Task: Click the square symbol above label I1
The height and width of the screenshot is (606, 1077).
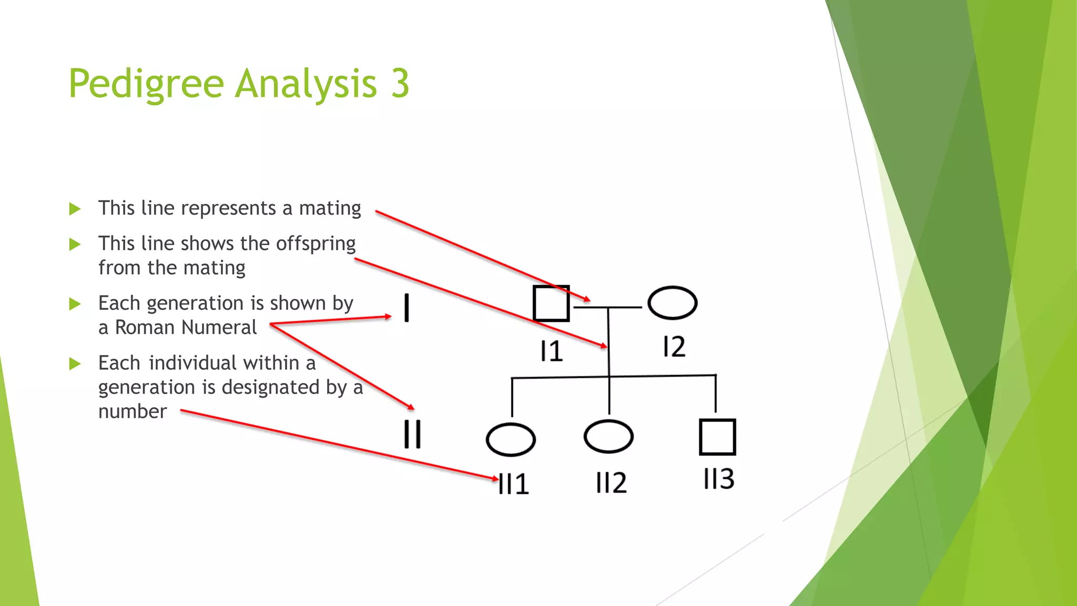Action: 551,303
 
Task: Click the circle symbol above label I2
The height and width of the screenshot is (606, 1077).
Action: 673,303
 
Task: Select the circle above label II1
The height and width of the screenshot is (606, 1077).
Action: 511,439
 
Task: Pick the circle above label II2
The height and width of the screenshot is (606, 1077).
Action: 608,437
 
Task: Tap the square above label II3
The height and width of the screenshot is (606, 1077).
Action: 717,437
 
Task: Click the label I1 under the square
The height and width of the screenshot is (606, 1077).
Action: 552,351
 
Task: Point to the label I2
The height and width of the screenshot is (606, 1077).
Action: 674,347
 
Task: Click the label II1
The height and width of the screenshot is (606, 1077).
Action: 514,484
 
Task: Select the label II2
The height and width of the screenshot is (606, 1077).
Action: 611,482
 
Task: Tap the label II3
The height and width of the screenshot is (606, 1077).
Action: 719,479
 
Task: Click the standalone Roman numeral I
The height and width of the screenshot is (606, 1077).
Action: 407,308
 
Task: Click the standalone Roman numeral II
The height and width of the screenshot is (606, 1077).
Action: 412,434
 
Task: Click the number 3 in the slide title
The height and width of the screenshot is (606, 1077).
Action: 400,84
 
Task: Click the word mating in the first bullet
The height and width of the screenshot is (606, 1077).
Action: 330,208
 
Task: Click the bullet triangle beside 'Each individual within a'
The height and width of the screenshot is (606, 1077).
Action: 75,363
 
